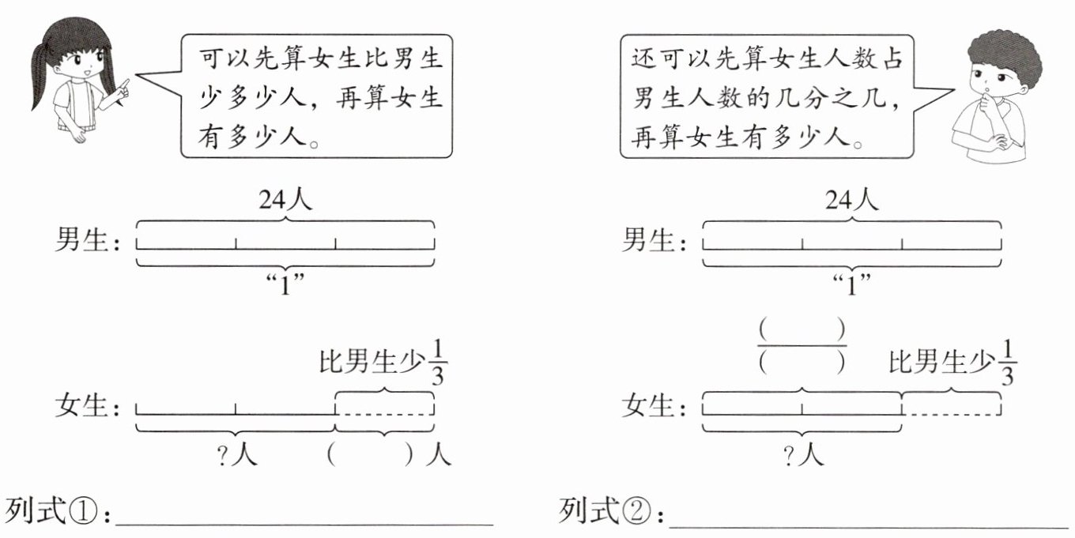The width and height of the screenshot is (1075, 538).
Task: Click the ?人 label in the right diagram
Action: (x=802, y=456)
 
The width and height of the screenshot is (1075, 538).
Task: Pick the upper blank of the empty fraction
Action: (x=802, y=328)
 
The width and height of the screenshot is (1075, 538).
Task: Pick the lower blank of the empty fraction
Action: (x=802, y=363)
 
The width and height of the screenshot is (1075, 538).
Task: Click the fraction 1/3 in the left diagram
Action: (x=436, y=363)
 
